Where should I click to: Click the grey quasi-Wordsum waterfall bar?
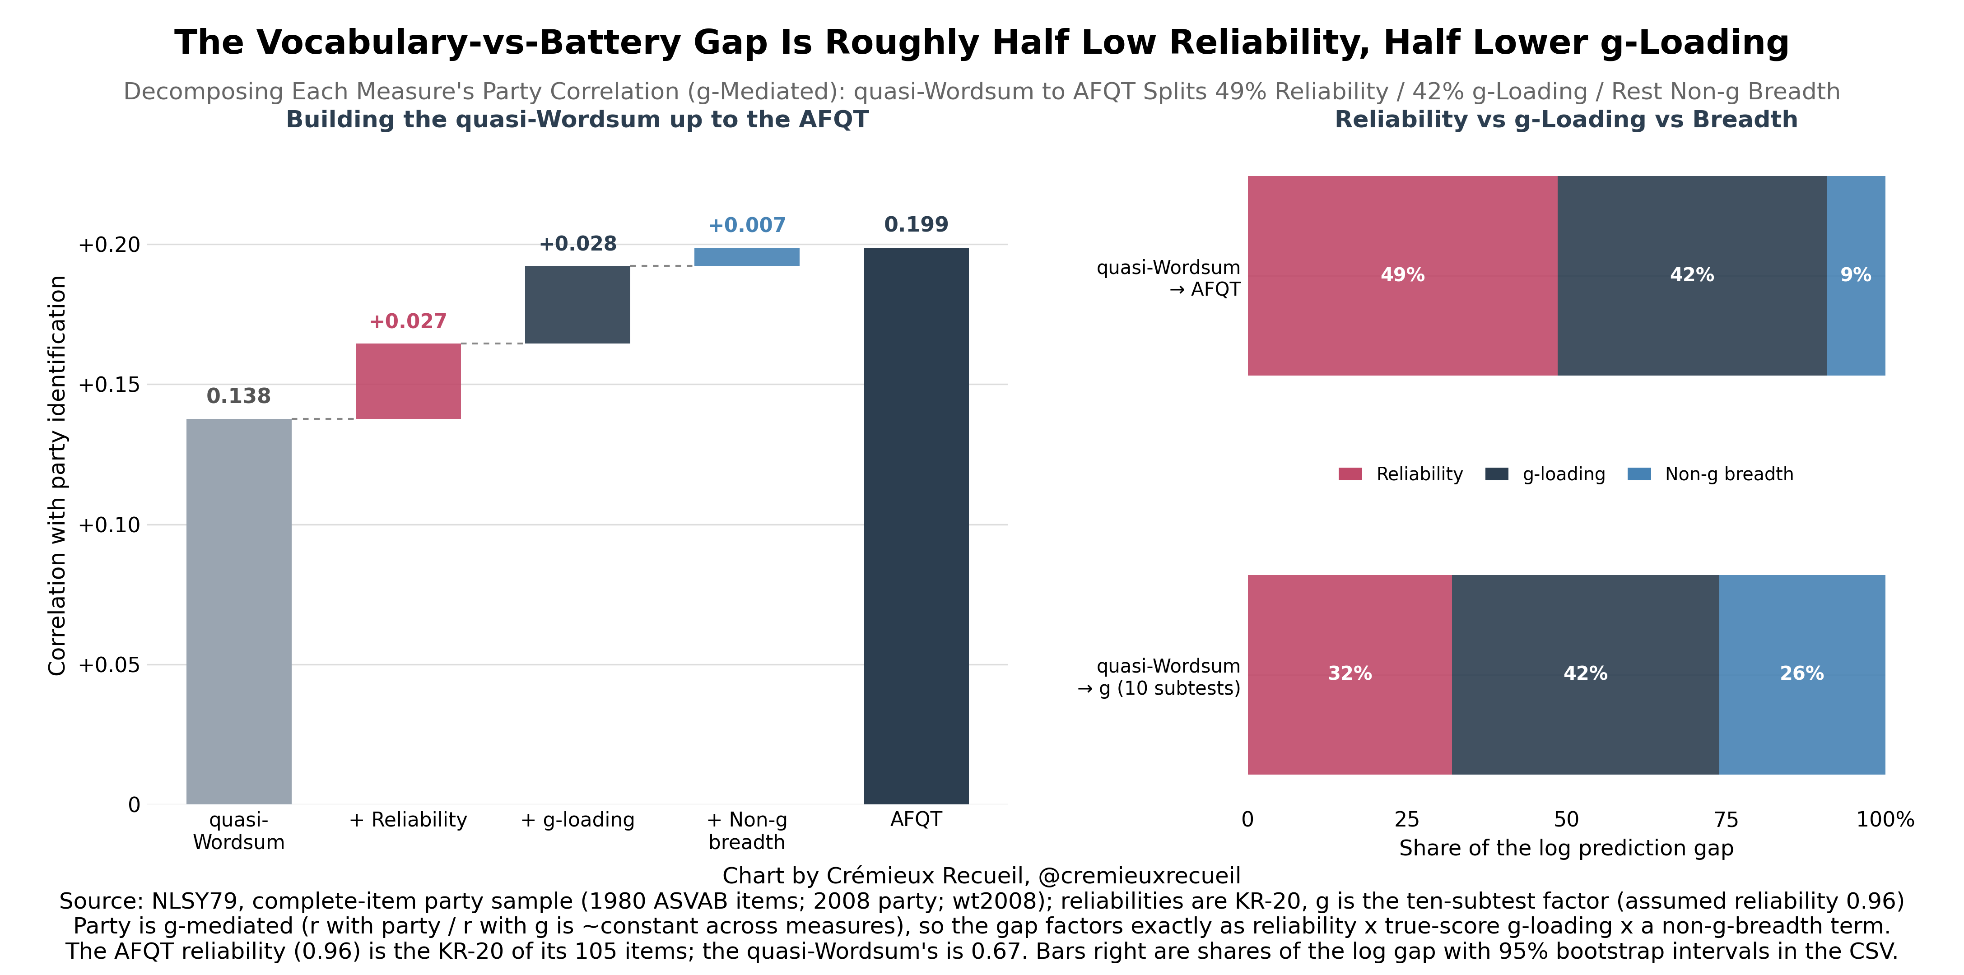tap(239, 611)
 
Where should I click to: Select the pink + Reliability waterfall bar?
tap(408, 381)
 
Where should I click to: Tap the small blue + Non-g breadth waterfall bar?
tap(746, 257)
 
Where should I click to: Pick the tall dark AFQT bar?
tap(916, 526)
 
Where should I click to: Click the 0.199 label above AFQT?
tap(916, 225)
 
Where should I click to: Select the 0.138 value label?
tap(239, 396)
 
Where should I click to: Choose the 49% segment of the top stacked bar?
tap(1402, 275)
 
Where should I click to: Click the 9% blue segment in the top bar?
tap(1856, 275)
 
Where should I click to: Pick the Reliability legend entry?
tap(1401, 474)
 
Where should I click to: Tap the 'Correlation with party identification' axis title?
tap(58, 476)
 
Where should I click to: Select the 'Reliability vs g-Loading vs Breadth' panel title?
tap(1566, 120)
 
